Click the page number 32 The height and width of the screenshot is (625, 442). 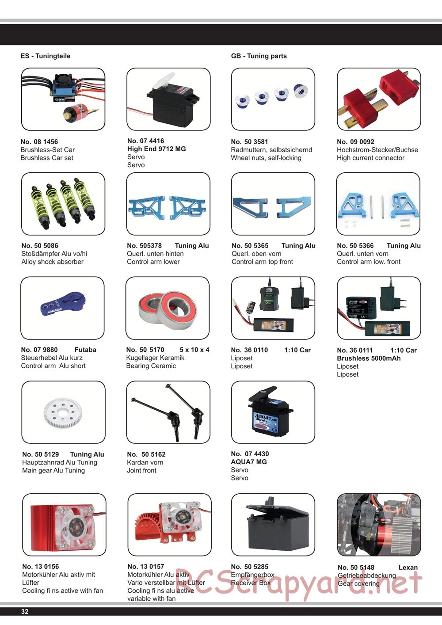coord(25,612)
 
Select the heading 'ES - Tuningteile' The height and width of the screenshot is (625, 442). coord(46,56)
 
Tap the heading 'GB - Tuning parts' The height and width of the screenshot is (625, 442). coord(259,56)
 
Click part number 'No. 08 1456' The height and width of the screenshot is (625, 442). coord(39,142)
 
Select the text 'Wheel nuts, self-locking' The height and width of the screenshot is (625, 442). coord(266,158)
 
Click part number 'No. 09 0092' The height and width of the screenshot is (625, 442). coord(355,142)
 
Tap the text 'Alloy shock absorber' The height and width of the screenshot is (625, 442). coord(53,262)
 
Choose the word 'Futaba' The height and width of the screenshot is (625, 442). coord(85,350)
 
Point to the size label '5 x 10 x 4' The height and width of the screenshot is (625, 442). coord(194,350)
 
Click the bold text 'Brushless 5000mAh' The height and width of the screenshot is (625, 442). coord(369,358)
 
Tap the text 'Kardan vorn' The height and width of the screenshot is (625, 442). coord(145,462)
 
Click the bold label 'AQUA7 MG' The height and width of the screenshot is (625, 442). coord(248,462)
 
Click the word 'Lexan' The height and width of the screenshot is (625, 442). coord(408,568)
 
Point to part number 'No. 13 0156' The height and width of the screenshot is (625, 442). coord(41,567)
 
